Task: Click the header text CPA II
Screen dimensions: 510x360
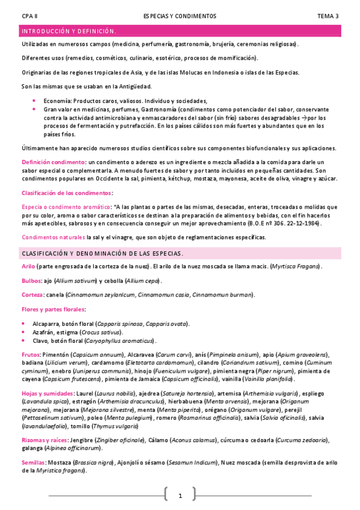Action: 29,16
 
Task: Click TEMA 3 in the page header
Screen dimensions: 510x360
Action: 328,16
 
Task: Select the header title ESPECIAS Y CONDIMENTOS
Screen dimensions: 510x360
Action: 180,16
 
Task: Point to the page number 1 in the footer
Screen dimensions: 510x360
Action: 180,496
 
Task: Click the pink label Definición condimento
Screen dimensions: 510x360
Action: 52,162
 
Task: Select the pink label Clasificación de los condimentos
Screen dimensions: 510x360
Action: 67,192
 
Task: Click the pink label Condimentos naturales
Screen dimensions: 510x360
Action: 53,237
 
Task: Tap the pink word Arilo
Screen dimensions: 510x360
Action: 28,266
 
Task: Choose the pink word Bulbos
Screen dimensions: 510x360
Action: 31,280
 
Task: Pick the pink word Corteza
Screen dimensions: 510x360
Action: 32,295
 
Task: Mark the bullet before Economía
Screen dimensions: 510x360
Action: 34,101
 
